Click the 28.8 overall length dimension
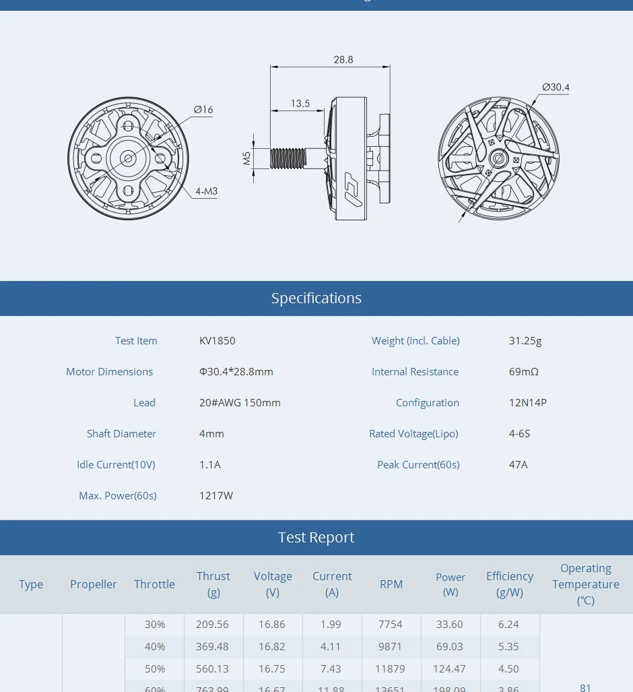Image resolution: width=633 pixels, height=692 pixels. [x=343, y=59]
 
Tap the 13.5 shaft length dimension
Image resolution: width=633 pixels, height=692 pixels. [x=300, y=103]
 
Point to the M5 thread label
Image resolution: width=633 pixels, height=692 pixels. [x=246, y=158]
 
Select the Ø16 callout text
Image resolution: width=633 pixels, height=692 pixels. [x=203, y=109]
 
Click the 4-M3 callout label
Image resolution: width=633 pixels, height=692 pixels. [x=206, y=191]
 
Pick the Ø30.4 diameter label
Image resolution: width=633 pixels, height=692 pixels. [x=556, y=87]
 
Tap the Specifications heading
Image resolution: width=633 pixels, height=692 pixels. [x=316, y=298]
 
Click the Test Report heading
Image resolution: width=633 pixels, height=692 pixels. [x=316, y=538]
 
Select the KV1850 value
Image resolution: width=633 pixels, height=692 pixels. [x=218, y=341]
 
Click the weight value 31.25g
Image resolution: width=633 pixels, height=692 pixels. [x=525, y=341]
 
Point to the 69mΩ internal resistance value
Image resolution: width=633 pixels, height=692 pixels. [x=524, y=372]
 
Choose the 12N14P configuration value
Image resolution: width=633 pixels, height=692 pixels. [x=528, y=403]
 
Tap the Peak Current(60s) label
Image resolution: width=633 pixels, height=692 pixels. [x=418, y=465]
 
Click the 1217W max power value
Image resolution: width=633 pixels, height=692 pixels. [x=216, y=496]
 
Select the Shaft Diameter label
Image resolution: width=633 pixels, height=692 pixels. [x=121, y=434]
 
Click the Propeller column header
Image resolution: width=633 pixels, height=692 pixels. [x=94, y=584]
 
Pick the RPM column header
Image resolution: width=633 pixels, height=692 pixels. [x=391, y=584]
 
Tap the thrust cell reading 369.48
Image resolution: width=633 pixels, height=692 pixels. [x=213, y=647]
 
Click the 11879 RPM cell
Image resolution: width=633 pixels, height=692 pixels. [x=391, y=669]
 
